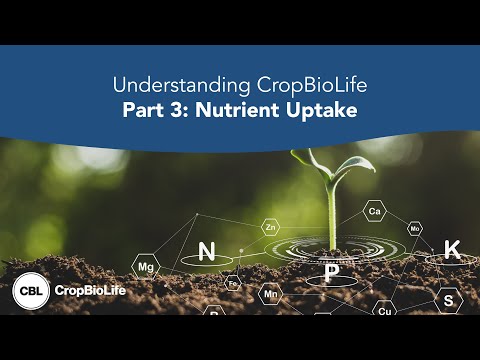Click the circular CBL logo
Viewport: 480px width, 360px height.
click(29, 292)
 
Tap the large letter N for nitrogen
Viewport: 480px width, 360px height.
click(207, 251)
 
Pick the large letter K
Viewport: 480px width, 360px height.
click(451, 250)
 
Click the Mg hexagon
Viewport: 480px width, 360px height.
click(146, 267)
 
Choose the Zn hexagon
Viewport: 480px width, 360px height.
click(270, 227)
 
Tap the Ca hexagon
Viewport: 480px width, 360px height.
click(374, 212)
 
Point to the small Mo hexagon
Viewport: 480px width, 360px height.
click(414, 229)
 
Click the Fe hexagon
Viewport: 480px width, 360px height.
click(233, 283)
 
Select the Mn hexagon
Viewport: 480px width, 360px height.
click(270, 295)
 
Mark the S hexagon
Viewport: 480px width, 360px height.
click(448, 299)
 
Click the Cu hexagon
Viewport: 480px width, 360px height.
click(385, 311)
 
